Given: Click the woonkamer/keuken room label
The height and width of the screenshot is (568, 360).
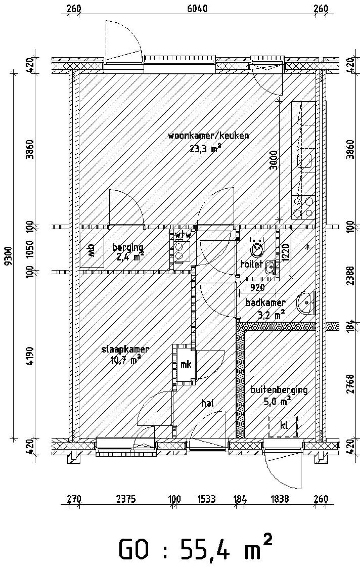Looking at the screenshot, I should pos(208,136).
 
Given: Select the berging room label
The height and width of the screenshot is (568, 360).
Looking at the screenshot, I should pos(128,247).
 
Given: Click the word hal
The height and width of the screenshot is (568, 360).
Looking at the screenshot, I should pos(208,403).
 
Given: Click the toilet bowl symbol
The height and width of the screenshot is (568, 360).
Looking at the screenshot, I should pos(258,248).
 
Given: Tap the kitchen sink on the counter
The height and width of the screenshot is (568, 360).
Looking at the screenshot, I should pos(306,160).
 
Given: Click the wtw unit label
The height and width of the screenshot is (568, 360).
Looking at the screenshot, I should pos(183,234).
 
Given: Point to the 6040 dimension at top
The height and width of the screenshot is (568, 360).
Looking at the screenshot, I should pos(197,9).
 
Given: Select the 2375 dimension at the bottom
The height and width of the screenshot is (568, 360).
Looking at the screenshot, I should pos(126,499).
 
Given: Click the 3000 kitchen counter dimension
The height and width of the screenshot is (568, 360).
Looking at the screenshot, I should pos(273,161).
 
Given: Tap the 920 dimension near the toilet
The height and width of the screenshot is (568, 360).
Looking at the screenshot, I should pos(257,287).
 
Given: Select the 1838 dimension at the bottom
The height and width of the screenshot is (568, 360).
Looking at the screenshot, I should pos(280,499).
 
